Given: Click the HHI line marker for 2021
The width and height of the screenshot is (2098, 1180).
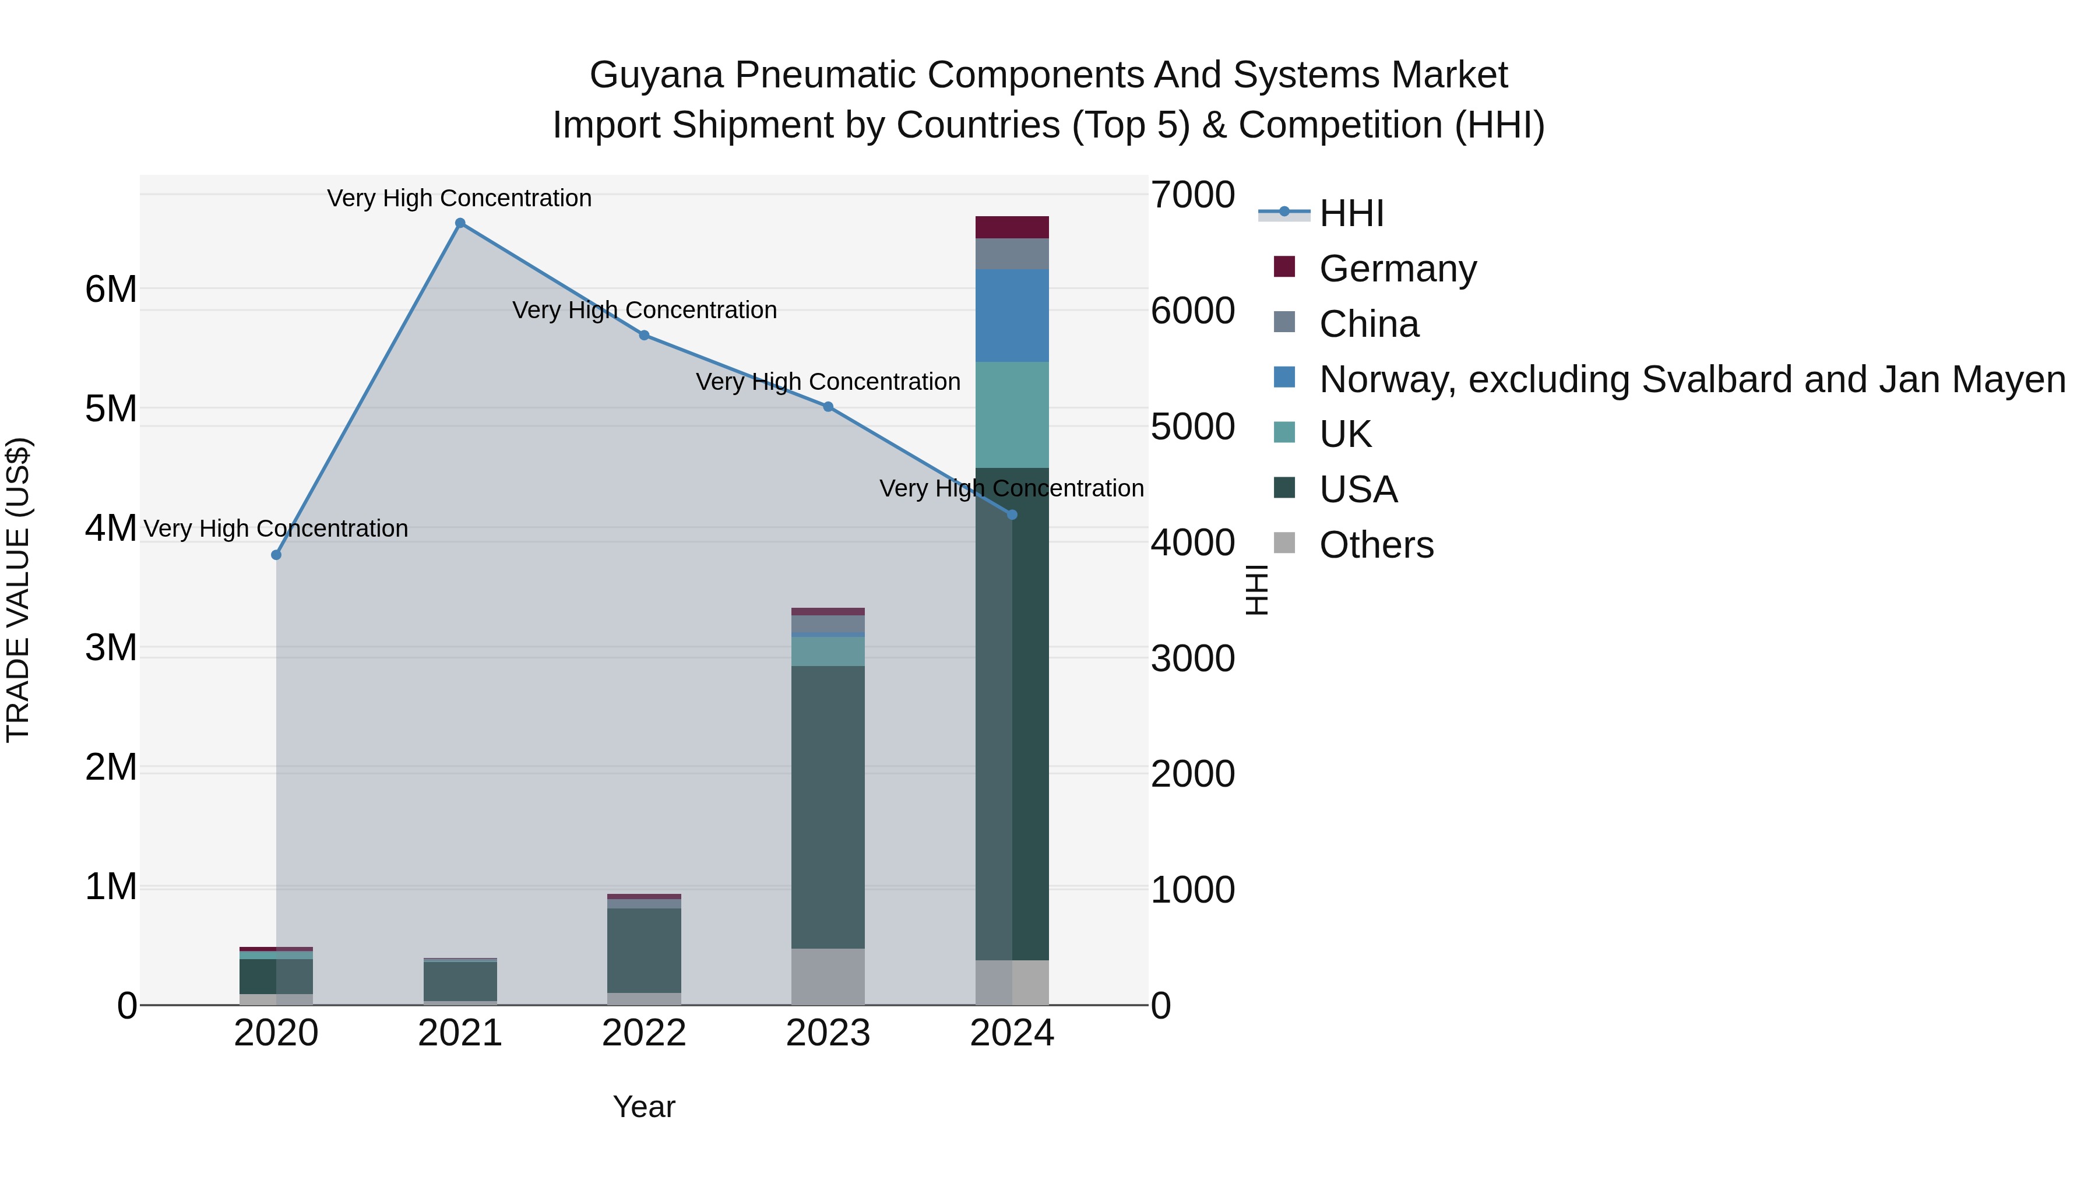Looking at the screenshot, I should (460, 223).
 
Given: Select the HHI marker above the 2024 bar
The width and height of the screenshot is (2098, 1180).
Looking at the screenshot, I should (1012, 515).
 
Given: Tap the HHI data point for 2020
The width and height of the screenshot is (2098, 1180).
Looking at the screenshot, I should (276, 555).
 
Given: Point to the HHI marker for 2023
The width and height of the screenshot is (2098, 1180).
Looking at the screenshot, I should (828, 406).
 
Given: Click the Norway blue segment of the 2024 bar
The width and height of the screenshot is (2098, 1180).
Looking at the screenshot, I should (1012, 315).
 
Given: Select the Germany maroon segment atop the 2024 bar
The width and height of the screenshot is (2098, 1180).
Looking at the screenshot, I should (1012, 227).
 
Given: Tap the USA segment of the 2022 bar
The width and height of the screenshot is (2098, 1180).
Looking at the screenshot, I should (644, 950).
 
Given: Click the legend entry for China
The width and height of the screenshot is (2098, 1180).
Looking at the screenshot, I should (1369, 324).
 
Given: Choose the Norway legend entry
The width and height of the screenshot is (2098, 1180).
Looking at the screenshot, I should (1692, 379).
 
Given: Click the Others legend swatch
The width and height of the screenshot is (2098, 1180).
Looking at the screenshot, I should (1284, 543).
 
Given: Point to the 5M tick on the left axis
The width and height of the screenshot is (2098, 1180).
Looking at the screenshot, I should (111, 409).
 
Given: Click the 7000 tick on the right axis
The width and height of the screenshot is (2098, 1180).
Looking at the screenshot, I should (1192, 195).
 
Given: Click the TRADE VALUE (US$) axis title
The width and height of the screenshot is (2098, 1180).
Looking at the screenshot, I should (18, 590).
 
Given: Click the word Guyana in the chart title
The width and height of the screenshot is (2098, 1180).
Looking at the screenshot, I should (656, 75).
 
